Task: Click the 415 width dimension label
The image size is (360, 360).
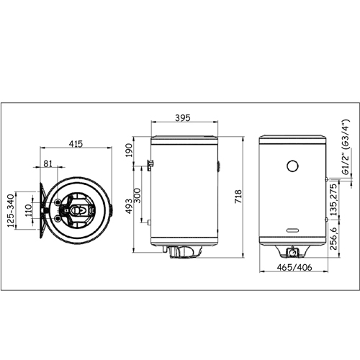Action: (x=76, y=143)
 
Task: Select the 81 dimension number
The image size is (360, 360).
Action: (x=48, y=163)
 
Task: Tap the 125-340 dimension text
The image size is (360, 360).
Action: (x=11, y=211)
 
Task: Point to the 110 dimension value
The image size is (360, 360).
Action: (x=29, y=210)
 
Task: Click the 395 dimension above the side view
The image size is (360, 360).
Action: (x=183, y=118)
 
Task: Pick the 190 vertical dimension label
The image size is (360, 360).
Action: (x=129, y=150)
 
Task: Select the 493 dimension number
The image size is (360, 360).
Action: (x=129, y=207)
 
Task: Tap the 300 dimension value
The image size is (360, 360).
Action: (x=137, y=195)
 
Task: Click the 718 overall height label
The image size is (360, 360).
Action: (x=238, y=197)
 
